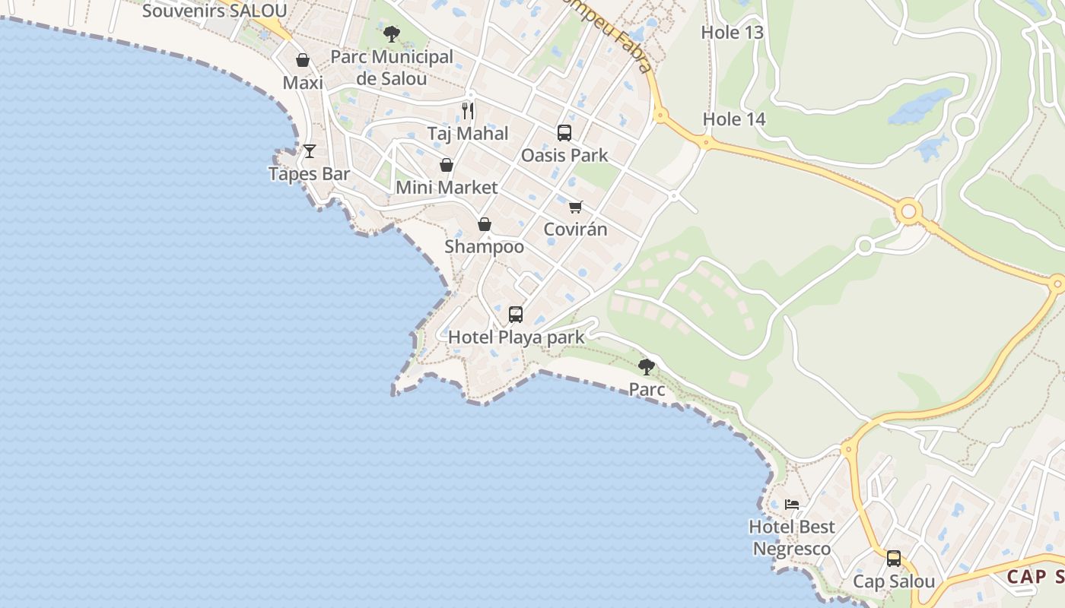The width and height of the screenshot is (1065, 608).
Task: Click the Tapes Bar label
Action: click(309, 174)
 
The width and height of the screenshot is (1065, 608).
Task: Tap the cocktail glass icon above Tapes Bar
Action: click(309, 151)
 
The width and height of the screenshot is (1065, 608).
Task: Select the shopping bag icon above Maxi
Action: click(303, 60)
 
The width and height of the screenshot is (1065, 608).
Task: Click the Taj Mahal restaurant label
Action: click(467, 134)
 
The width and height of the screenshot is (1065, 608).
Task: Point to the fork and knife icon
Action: click(468, 111)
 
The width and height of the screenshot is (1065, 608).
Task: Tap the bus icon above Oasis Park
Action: click(564, 133)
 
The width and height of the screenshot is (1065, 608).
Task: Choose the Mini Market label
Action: click(447, 188)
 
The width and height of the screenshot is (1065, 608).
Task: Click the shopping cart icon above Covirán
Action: click(575, 207)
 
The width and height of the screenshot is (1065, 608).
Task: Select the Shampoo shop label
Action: click(484, 247)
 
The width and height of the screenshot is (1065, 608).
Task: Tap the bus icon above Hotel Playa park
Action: click(516, 314)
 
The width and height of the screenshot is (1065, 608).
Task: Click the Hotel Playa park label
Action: click(516, 337)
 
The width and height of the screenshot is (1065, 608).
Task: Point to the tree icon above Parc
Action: click(647, 367)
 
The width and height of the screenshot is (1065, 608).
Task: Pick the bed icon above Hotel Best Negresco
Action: click(792, 504)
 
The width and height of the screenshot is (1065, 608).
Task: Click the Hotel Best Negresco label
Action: click(792, 537)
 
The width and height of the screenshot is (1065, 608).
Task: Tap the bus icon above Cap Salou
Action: click(894, 559)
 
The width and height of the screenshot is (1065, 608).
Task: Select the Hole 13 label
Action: click(732, 33)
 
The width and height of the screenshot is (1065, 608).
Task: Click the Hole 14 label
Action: click(733, 119)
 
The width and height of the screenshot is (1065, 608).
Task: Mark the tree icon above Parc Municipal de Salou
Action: click(392, 33)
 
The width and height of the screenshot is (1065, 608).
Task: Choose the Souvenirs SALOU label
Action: click(215, 11)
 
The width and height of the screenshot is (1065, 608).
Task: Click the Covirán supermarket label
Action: click(575, 230)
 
